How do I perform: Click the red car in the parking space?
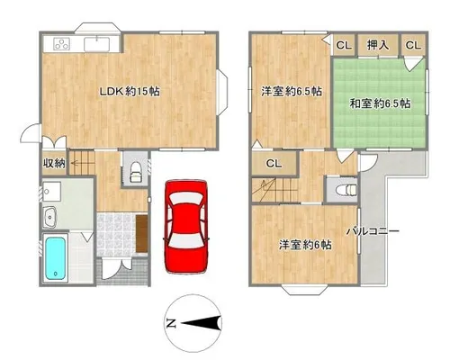click(186, 227)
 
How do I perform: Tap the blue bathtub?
click(55, 258)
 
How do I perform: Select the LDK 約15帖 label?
click(130, 91)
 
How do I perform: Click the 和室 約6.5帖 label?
click(380, 103)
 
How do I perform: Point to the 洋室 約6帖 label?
click(305, 245)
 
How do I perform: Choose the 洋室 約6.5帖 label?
click(292, 91)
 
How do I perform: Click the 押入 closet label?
click(378, 45)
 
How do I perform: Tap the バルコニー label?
click(373, 231)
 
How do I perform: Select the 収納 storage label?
click(54, 164)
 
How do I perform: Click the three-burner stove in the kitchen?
click(62, 44)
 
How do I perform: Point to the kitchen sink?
click(98, 44)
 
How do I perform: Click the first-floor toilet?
click(136, 172)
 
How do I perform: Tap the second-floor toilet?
click(346, 190)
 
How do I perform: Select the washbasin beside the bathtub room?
click(49, 217)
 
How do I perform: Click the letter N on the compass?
click(171, 323)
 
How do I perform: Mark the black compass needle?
click(201, 323)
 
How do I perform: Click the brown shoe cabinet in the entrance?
click(141, 234)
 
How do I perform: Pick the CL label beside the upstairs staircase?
click(274, 164)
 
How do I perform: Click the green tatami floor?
click(380, 103)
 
